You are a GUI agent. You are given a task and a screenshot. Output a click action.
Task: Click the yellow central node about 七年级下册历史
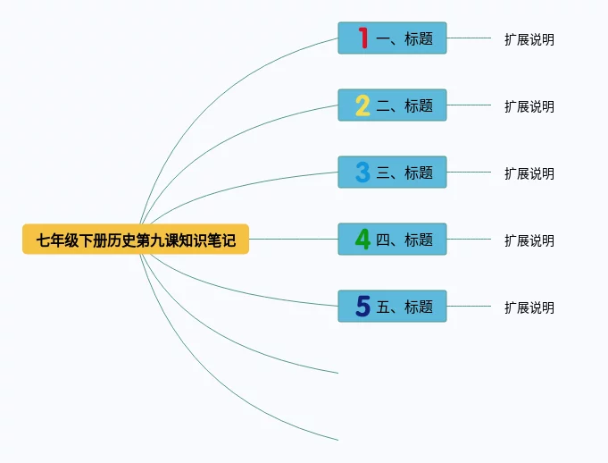[136, 240]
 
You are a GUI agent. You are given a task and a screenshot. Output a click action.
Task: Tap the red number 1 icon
[362, 38]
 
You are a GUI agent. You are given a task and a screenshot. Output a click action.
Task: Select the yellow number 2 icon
[362, 105]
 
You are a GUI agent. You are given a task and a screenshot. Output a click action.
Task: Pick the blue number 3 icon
[362, 173]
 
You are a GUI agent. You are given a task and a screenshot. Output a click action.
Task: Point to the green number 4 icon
[362, 240]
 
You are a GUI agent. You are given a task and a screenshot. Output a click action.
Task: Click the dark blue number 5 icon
[362, 307]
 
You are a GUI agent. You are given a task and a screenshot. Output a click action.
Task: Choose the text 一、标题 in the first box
[404, 38]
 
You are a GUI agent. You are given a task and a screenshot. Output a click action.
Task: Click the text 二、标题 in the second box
[404, 105]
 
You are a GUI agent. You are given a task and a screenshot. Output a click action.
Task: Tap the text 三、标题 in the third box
[404, 173]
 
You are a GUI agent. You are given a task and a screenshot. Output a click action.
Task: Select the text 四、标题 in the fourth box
[404, 240]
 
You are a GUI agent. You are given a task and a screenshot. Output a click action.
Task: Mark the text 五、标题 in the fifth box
[404, 307]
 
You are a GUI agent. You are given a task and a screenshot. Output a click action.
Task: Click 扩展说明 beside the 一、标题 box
[529, 39]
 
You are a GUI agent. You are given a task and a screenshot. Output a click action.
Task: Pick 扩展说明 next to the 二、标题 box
[529, 106]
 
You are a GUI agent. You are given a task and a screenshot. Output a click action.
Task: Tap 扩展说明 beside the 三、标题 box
[529, 173]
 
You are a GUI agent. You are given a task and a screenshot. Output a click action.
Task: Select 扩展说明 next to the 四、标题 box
[529, 240]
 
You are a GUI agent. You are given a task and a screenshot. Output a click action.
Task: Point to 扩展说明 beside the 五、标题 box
[529, 307]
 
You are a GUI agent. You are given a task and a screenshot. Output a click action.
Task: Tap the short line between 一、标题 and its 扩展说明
[469, 38]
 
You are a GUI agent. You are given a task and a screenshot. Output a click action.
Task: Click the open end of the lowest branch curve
[337, 439]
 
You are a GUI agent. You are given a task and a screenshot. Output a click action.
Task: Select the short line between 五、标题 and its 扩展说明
[469, 307]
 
